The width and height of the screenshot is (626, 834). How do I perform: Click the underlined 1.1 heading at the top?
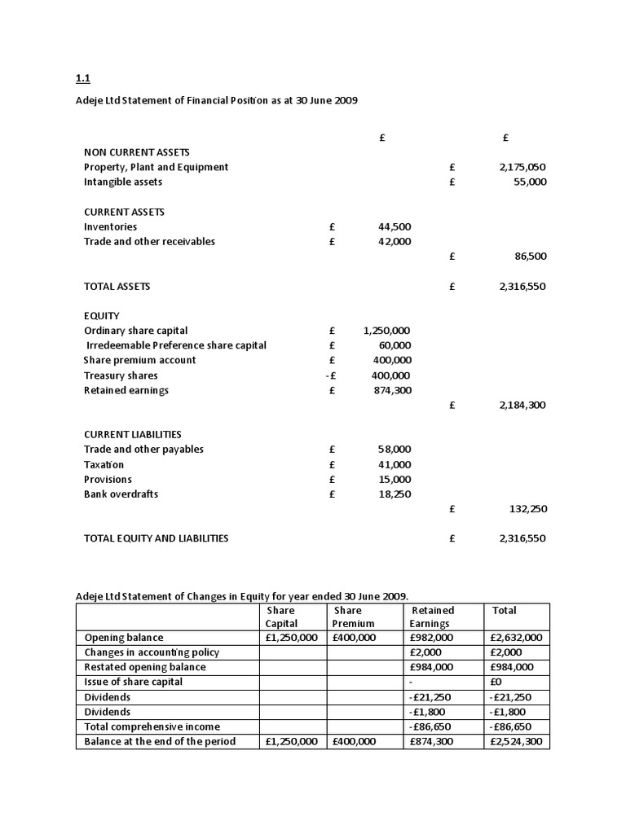(x=82, y=79)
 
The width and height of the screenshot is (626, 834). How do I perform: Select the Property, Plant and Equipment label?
(x=156, y=167)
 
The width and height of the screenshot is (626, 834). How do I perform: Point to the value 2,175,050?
(x=522, y=167)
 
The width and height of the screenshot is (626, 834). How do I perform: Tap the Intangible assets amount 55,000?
(x=530, y=182)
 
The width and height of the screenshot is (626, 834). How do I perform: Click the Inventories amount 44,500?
(x=395, y=226)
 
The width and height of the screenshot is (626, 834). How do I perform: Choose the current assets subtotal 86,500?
(x=530, y=256)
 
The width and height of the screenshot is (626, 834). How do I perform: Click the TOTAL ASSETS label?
(x=117, y=286)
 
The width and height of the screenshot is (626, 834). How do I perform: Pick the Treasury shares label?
(x=121, y=375)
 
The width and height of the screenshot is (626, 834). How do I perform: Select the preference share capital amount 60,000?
(x=395, y=345)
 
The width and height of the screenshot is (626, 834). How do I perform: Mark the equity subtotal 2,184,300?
(x=522, y=405)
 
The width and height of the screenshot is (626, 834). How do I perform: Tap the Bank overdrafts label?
(x=121, y=494)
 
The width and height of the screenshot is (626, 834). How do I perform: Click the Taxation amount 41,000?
(x=395, y=464)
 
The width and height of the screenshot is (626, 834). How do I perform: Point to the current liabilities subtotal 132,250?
(x=527, y=508)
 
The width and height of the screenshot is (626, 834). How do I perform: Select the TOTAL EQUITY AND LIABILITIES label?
(x=156, y=538)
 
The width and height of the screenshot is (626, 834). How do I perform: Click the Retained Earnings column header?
(x=433, y=617)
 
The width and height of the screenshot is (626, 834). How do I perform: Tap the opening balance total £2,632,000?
(x=518, y=638)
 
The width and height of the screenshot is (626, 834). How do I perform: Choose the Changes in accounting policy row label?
(x=152, y=652)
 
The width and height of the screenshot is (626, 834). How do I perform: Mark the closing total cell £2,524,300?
(x=518, y=741)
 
